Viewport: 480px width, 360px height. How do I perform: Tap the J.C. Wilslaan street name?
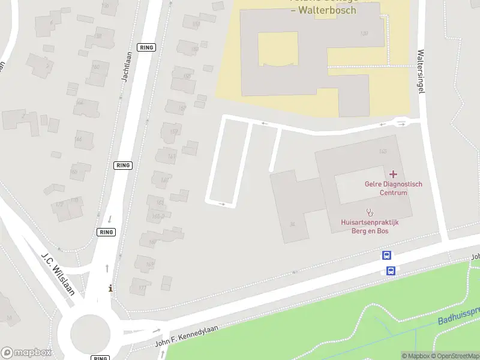pos(58,274)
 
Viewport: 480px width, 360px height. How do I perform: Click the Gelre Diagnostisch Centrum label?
pos(393,188)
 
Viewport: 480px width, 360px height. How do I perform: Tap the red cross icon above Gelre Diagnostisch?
pos(394,173)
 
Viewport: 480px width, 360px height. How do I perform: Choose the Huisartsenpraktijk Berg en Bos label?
pos(370,226)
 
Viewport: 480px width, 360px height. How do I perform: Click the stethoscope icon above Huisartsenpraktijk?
pos(370,212)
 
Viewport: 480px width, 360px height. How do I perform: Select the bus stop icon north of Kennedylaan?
pos(387,256)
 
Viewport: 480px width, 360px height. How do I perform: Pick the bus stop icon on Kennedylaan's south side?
pos(391,271)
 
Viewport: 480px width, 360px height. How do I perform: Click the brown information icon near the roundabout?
pos(110,289)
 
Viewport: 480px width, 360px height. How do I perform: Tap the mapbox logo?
pos(26,353)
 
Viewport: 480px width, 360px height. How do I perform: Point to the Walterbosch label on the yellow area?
pos(323,10)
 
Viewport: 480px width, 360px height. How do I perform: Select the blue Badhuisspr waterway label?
pos(459,316)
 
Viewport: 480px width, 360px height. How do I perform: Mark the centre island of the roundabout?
pos(91,332)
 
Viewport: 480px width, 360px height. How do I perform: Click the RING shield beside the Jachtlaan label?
pos(146,47)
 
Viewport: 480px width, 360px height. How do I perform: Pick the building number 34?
pos(292,224)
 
